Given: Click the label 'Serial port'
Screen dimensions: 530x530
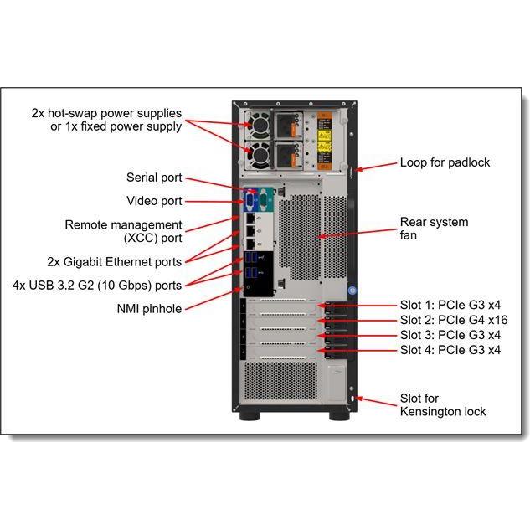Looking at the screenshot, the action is tap(154, 178).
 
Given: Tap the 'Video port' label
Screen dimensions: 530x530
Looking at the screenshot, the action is tap(154, 201).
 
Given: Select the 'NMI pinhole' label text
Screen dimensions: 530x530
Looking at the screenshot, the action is tap(149, 309).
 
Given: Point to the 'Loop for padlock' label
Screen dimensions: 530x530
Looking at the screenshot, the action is tap(445, 162).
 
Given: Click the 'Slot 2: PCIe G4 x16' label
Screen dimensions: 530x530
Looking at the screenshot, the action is tap(454, 320).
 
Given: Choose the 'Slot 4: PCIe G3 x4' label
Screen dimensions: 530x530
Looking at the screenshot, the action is tap(450, 350).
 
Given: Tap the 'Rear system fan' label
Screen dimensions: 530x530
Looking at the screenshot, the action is tap(434, 229).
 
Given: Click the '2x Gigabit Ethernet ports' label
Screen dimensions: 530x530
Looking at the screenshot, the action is tap(114, 262).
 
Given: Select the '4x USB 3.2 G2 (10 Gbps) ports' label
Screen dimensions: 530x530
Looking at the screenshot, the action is tap(97, 286).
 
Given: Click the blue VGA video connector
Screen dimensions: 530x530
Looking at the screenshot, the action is tap(250, 200).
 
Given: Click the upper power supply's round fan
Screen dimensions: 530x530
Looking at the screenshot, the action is tap(260, 126).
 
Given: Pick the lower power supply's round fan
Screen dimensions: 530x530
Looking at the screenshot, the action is tap(260, 155).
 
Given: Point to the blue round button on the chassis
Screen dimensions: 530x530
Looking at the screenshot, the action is tap(352, 291).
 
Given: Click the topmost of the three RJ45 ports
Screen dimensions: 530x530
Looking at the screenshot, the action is tap(250, 219).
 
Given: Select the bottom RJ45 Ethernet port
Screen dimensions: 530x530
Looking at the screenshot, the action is tap(250, 244).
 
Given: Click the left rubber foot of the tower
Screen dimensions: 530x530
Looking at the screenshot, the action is tap(250, 416).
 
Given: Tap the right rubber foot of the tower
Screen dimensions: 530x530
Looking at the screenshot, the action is tap(339, 416).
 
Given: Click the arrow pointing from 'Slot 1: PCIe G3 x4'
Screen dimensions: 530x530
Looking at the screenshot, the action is tap(357, 306).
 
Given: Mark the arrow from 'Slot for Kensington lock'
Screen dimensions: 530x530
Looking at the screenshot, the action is tap(376, 401).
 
